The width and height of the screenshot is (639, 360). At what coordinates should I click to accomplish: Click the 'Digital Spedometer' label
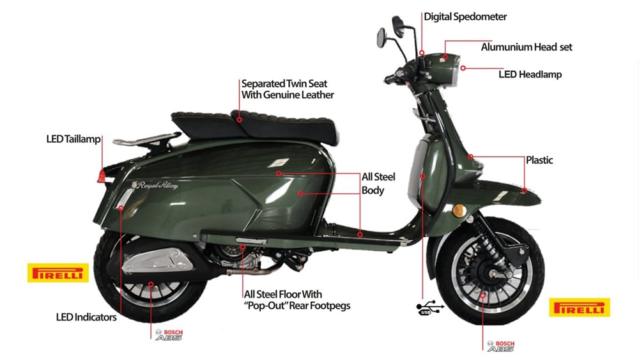click(x=465, y=17)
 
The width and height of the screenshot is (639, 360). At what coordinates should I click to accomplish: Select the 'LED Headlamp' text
click(x=530, y=74)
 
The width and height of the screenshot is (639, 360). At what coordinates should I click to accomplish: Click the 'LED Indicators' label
click(x=86, y=317)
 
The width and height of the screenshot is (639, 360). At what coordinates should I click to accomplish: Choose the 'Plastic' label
click(x=539, y=160)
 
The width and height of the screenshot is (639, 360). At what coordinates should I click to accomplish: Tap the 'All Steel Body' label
click(x=374, y=183)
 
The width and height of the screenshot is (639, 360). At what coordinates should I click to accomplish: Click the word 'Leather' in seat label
click(x=316, y=95)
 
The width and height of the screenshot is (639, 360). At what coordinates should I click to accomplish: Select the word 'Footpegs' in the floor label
click(x=327, y=306)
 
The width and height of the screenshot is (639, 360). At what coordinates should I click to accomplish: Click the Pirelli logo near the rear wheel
click(x=58, y=273)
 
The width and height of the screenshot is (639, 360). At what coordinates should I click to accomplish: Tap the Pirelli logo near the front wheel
click(x=580, y=308)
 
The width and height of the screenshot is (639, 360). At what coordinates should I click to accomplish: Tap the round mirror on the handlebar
click(x=381, y=36)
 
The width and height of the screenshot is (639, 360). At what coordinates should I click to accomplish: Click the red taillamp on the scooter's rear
click(x=101, y=175)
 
